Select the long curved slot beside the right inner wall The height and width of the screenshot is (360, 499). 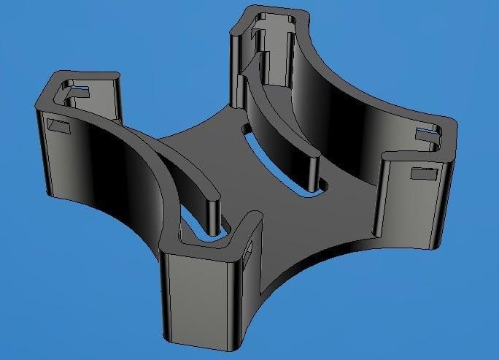[285, 161]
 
